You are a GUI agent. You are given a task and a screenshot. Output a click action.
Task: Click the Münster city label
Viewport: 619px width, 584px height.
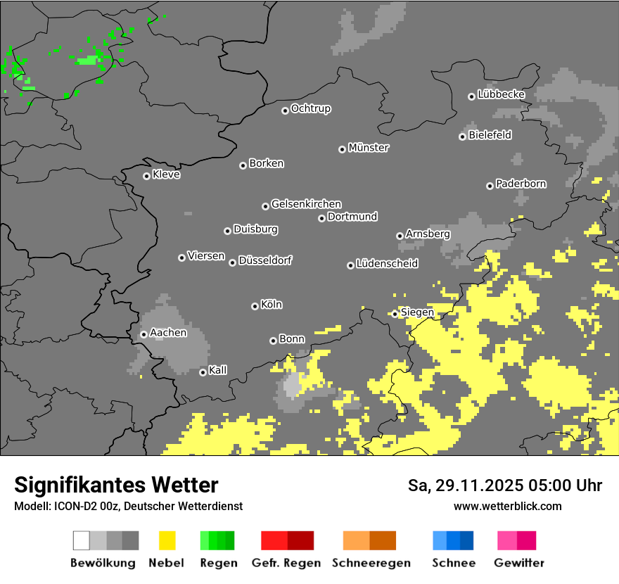tap(369, 148)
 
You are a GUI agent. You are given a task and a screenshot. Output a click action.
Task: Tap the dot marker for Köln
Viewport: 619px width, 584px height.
tap(255, 306)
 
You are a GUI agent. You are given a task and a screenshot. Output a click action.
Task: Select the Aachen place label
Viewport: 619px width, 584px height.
tap(168, 333)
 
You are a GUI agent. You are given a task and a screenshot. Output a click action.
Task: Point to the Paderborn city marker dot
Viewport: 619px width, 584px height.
tap(490, 186)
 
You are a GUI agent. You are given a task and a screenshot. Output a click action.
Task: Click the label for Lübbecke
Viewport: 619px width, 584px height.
tap(502, 94)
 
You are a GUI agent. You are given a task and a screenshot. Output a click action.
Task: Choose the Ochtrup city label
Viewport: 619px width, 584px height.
tap(311, 109)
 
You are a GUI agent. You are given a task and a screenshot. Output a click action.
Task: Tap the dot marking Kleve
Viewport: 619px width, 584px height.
tap(146, 176)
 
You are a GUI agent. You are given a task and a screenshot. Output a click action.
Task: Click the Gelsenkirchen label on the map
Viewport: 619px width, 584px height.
tap(306, 204)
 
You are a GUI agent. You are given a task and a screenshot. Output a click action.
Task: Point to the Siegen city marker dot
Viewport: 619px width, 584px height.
tap(395, 314)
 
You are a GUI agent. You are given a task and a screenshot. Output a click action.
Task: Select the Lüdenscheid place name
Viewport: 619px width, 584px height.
tap(387, 264)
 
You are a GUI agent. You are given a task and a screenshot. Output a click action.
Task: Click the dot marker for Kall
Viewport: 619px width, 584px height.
tap(203, 372)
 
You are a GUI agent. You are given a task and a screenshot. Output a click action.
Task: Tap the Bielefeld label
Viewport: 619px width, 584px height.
tap(490, 135)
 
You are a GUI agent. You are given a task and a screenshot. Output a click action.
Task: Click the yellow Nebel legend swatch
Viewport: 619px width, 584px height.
tap(167, 540)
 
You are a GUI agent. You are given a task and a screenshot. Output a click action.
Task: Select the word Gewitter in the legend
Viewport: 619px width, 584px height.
tap(519, 563)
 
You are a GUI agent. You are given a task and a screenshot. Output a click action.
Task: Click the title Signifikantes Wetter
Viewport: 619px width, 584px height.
tap(116, 485)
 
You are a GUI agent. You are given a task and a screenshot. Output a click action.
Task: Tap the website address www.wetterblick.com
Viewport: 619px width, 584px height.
tap(508, 506)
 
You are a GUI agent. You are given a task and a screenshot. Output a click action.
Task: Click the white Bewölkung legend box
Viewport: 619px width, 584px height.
tap(82, 540)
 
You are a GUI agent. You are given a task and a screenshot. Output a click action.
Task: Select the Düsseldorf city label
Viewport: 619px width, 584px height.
tap(265, 260)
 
